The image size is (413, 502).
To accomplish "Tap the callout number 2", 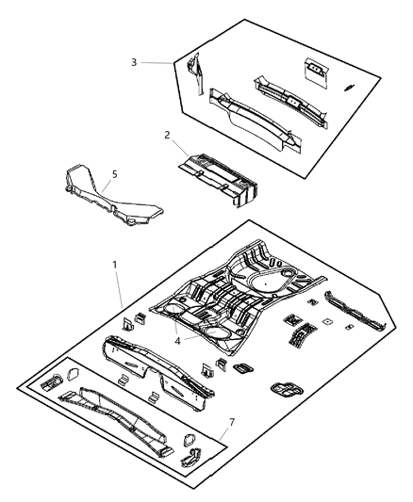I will [167, 135].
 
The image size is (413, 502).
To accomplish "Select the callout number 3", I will [135, 62].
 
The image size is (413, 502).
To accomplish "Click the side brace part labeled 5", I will [104, 199].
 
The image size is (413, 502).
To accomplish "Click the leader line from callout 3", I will [161, 62].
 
